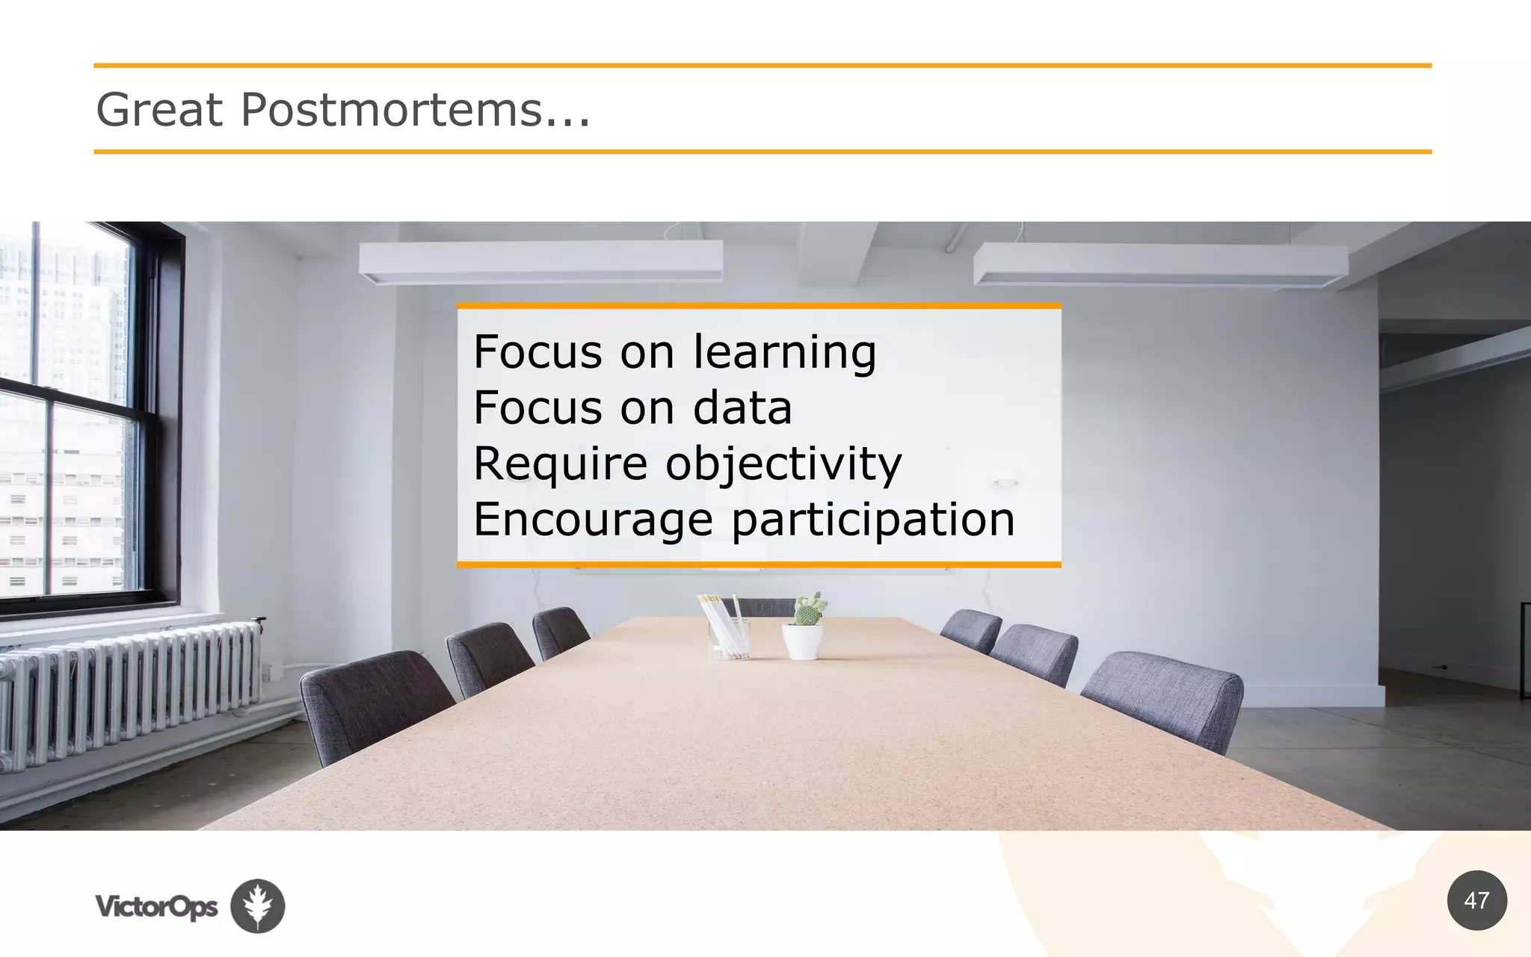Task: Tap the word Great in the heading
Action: [x=159, y=111]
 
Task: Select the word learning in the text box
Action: [x=784, y=352]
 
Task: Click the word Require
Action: [x=560, y=464]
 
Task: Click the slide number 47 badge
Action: [x=1476, y=900]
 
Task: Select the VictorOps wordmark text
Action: [x=156, y=906]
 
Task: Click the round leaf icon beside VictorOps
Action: [x=257, y=905]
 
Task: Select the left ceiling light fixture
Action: [x=540, y=262]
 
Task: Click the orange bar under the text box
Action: [x=759, y=564]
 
